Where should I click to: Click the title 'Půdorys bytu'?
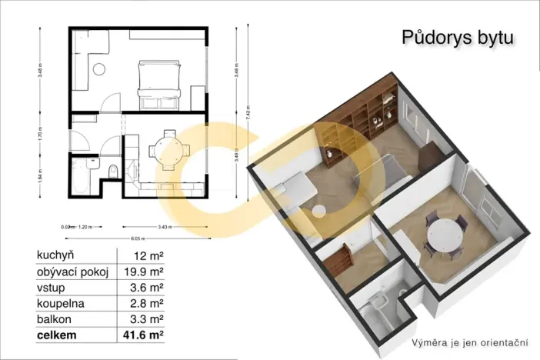pos(458,38)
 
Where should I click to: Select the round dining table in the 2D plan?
pos(168,149)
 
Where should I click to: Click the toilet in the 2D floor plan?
pos(113,170)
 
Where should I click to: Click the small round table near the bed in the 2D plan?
pos(98,69)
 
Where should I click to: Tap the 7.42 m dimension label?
pos(248,109)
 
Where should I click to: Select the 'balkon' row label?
pos(52,318)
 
